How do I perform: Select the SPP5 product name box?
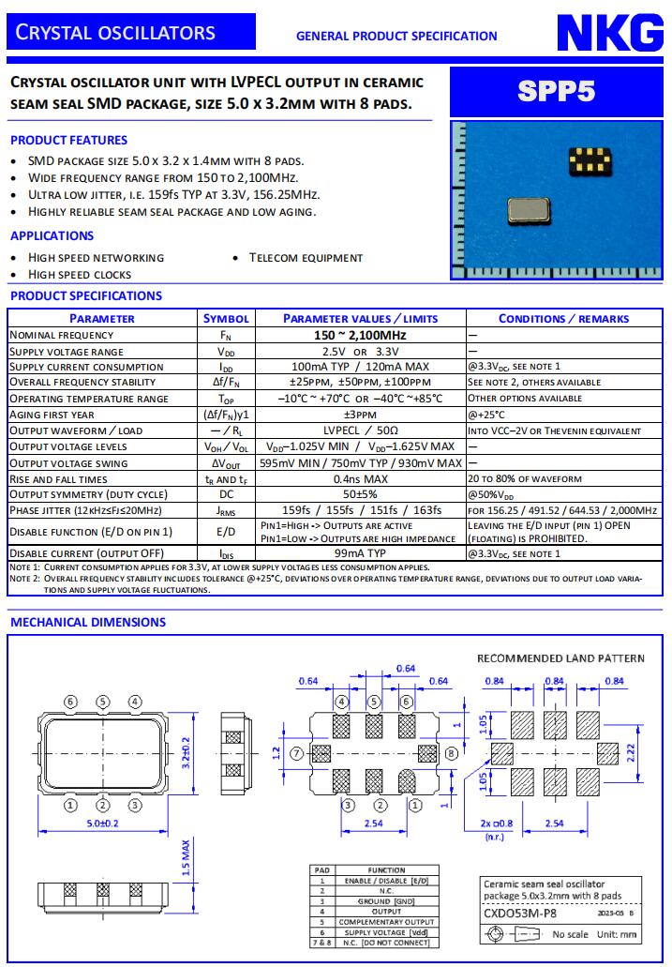pyautogui.click(x=556, y=91)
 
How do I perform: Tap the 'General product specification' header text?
pyautogui.click(x=396, y=37)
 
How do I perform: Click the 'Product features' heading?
pyautogui.click(x=68, y=140)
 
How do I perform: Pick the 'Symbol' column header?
pyautogui.click(x=226, y=319)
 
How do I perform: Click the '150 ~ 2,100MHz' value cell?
pyautogui.click(x=360, y=335)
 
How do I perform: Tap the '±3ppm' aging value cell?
pyautogui.click(x=360, y=415)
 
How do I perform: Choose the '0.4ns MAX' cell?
pyautogui.click(x=360, y=478)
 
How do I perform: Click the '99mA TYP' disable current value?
pyautogui.click(x=360, y=553)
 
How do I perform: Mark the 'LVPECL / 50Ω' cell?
pyautogui.click(x=360, y=431)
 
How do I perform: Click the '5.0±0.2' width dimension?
pyautogui.click(x=103, y=823)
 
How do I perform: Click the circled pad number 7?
pyautogui.click(x=296, y=752)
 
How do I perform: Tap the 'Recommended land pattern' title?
pyautogui.click(x=560, y=657)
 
